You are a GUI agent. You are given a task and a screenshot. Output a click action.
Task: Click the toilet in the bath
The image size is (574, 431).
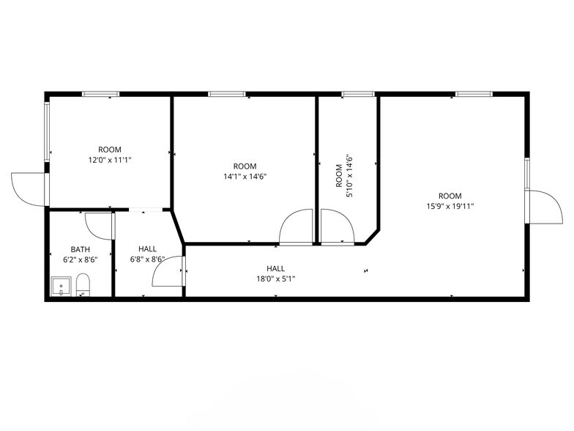click(83, 285)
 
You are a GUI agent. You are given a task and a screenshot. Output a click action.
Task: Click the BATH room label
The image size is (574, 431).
click(81, 249)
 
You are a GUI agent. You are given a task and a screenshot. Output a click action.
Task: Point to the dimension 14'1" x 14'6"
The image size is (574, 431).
click(245, 176)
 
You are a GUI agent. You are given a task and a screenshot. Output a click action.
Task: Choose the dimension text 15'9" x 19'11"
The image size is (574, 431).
click(450, 206)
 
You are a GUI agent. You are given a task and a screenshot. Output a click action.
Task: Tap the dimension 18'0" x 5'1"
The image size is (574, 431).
click(276, 279)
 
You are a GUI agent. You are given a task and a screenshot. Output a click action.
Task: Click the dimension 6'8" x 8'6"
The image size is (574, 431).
click(147, 259)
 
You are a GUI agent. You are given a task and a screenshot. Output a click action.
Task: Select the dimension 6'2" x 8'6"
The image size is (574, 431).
click(81, 259)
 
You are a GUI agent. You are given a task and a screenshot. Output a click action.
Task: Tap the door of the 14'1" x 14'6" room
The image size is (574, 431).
click(297, 227)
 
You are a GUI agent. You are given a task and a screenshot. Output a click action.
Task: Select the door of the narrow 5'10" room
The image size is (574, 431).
click(337, 227)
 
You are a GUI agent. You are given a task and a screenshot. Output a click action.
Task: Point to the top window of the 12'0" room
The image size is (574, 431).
click(100, 94)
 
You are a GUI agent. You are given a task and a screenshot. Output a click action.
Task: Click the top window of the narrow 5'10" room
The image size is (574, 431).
click(358, 94)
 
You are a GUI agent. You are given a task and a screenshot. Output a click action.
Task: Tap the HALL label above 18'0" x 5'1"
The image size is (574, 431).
click(276, 268)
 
